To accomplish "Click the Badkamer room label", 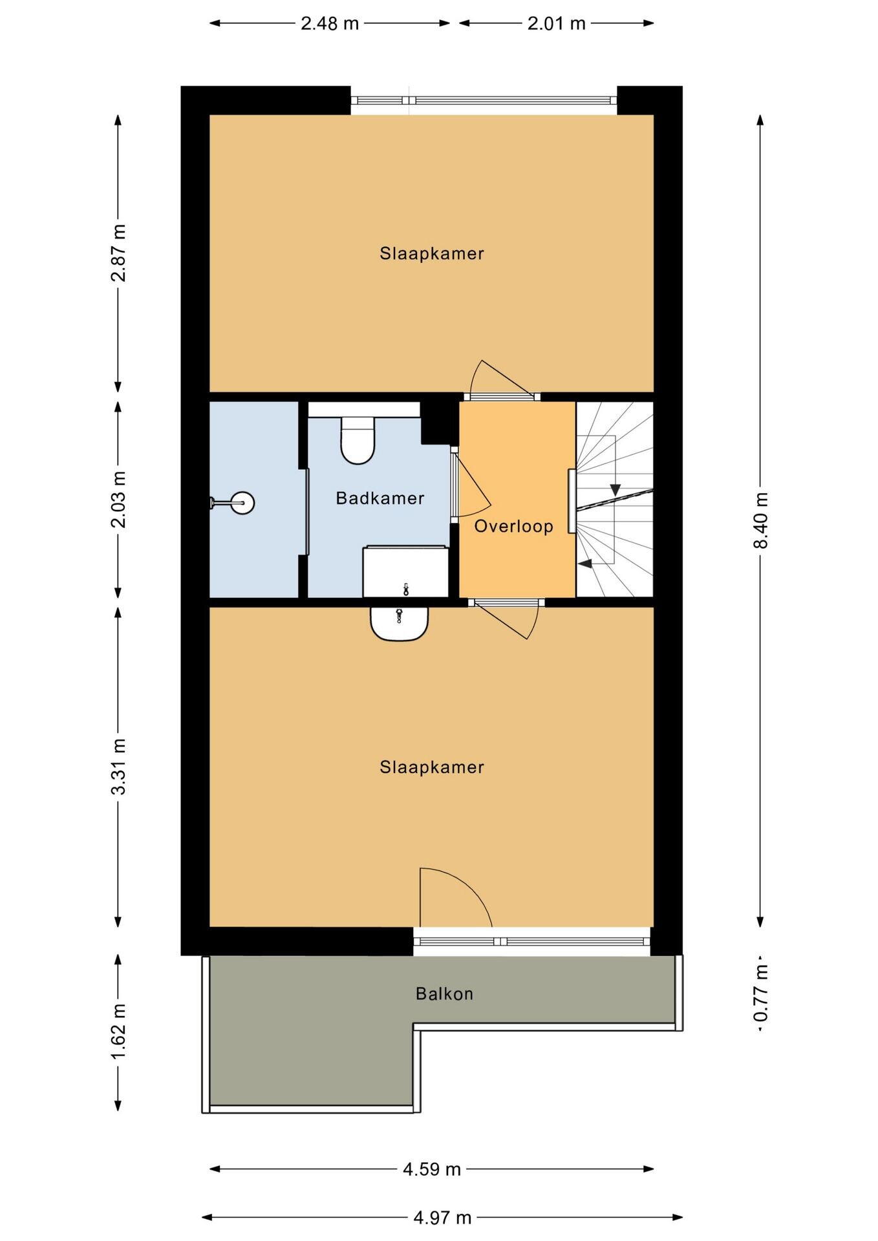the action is tap(380, 498).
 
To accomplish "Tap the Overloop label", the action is tap(513, 526).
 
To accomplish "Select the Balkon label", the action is tap(444, 993).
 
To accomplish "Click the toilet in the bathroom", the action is tap(358, 440).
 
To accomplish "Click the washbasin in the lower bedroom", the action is tap(400, 624).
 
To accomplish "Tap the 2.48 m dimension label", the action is tap(330, 23).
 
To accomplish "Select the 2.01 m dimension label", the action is tap(557, 23).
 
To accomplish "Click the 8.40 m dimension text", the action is tap(760, 520).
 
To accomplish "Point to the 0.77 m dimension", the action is tap(760, 993).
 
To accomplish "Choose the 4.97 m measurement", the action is tap(442, 1218).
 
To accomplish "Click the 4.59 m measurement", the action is tap(432, 1169).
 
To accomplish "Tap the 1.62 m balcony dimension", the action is tap(118, 1032).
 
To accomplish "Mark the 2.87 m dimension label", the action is tap(118, 253).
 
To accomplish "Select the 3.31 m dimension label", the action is tap(118, 767).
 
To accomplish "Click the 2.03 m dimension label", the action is tap(118, 499).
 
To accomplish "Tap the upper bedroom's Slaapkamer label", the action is tap(432, 253).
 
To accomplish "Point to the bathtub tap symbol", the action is tap(405, 589).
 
